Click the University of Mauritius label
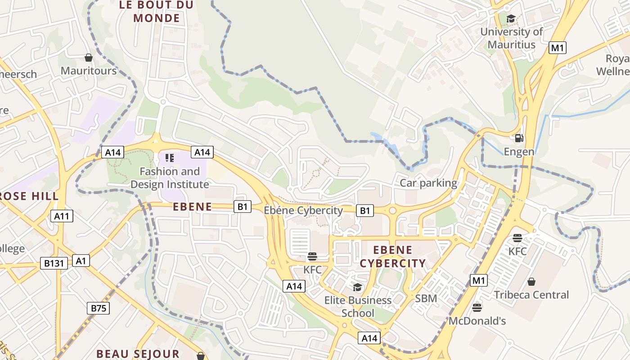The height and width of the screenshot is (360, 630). (512, 38)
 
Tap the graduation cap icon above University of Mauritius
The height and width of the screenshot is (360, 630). (511, 18)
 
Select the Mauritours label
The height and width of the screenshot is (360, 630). (89, 71)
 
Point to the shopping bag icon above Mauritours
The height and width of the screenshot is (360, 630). (89, 58)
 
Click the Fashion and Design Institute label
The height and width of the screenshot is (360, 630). (170, 178)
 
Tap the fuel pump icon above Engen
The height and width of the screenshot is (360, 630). (519, 138)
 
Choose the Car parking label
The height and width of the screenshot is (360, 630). (428, 183)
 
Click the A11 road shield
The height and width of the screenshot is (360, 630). (62, 216)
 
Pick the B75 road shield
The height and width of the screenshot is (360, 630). (98, 308)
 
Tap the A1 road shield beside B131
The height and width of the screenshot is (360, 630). (81, 261)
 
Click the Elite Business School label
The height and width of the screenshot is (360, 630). (358, 306)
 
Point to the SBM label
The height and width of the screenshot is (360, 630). (426, 298)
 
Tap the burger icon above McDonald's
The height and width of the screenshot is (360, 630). (477, 308)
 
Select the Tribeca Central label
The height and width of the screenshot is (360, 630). (531, 295)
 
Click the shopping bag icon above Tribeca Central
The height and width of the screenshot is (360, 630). (531, 282)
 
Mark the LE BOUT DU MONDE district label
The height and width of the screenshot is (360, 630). (157, 12)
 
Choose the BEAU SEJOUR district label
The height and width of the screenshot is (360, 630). (138, 354)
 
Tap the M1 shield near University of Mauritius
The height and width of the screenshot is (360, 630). (558, 48)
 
